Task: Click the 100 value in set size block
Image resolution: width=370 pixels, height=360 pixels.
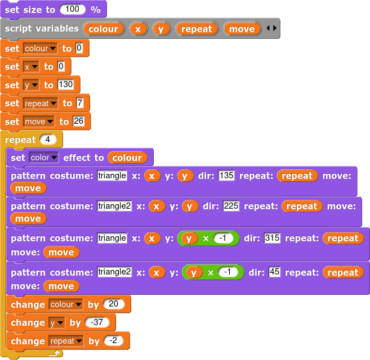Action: [72, 10]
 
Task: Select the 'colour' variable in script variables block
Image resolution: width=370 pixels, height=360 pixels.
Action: [104, 29]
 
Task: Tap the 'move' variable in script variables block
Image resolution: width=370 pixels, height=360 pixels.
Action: [242, 29]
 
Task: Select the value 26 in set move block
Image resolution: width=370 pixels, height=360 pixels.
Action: [78, 121]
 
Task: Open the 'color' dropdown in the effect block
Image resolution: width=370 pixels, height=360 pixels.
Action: [43, 157]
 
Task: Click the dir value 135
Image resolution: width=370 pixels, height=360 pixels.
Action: [226, 175]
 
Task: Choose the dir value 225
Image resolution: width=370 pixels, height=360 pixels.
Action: [231, 206]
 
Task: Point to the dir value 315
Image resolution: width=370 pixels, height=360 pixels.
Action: [272, 238]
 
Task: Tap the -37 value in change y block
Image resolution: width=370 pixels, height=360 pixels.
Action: [97, 322]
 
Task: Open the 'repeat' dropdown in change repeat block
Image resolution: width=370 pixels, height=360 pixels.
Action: [66, 341]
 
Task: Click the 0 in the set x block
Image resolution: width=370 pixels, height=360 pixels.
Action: [61, 67]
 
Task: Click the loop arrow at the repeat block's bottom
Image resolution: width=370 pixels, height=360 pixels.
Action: [55, 353]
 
